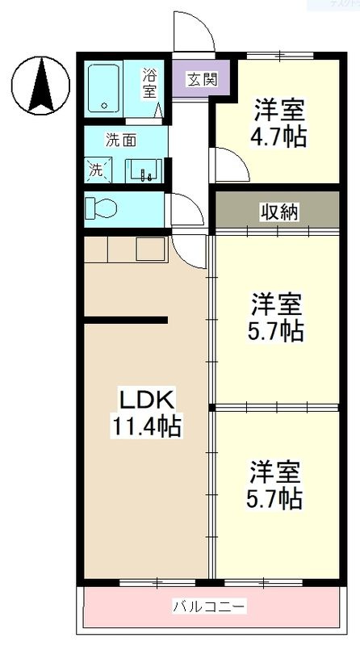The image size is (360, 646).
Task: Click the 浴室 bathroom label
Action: click(150, 84)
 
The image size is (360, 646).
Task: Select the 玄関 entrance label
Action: click(201, 79)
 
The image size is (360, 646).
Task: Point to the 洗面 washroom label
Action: click(121, 140)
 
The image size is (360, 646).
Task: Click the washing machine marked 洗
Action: click(98, 170)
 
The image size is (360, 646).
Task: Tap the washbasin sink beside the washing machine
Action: click(145, 170)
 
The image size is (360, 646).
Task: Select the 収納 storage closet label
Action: click(278, 212)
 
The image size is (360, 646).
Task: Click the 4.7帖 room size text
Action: click(279, 136)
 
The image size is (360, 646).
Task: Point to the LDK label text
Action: click(148, 401)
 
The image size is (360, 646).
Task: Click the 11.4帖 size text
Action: click(146, 425)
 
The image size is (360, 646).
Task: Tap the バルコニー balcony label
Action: click(209, 606)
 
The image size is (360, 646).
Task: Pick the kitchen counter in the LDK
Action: click(124, 250)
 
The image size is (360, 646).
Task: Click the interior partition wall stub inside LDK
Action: click(126, 321)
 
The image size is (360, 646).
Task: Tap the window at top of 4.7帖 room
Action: click(278, 55)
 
